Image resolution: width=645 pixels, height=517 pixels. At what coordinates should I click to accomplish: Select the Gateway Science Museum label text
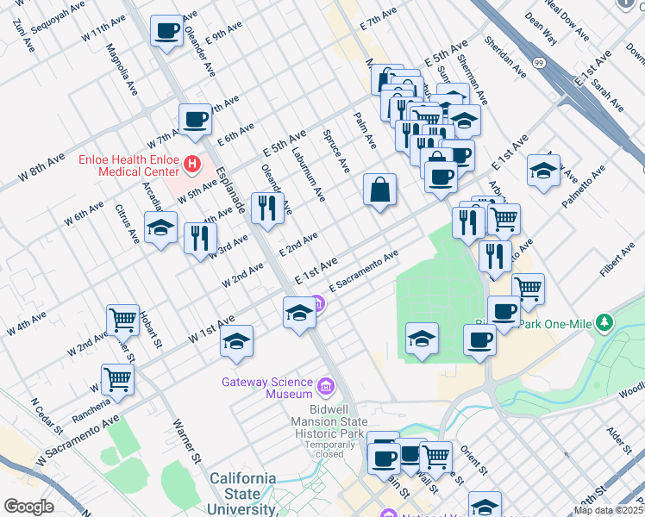tap(267, 388)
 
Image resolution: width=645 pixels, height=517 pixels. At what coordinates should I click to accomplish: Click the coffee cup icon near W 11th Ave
tap(166, 32)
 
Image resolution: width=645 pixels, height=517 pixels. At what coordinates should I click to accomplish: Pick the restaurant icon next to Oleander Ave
tap(266, 208)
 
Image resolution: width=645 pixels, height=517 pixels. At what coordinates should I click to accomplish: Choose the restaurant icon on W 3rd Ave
tap(200, 237)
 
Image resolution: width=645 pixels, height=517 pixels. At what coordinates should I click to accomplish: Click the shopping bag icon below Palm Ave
tap(379, 189)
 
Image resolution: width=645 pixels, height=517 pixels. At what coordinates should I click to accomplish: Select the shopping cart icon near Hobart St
tap(122, 320)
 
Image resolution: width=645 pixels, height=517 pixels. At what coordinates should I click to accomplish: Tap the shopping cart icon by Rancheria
tap(117, 377)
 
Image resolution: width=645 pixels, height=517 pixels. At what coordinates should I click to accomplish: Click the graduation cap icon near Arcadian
tap(160, 228)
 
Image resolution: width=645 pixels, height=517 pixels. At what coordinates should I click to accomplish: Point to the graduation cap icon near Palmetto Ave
tap(543, 171)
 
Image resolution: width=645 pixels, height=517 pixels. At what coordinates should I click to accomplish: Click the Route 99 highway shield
tap(538, 64)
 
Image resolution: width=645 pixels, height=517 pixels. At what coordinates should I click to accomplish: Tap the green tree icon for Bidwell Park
tap(604, 322)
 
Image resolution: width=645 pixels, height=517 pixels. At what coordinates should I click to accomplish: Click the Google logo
tap(29, 507)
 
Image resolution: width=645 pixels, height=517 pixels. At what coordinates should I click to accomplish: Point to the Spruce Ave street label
tap(336, 150)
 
